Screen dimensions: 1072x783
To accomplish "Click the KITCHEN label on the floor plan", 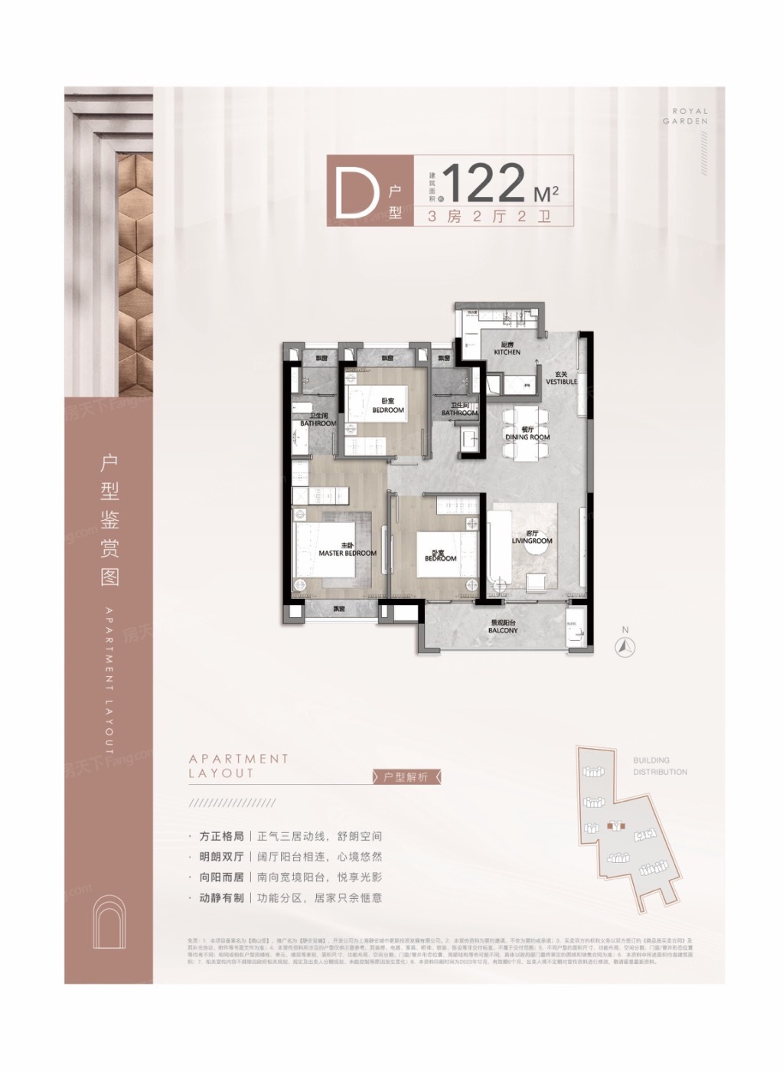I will [x=507, y=349].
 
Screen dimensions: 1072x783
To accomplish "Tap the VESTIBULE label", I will [x=562, y=378].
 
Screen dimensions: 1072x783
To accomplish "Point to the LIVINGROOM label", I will [x=532, y=538].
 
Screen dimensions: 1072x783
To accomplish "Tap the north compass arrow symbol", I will [x=626, y=645].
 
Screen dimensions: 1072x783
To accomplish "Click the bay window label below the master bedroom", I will [x=338, y=610].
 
